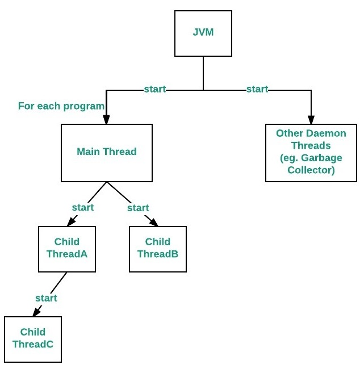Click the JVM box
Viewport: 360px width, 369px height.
[203, 34]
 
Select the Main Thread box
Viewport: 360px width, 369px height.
[106, 152]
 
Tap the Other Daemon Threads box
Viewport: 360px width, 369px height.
[311, 152]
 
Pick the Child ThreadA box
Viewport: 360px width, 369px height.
[66, 249]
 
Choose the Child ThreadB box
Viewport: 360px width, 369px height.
[157, 249]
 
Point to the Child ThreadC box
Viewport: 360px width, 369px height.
[32, 339]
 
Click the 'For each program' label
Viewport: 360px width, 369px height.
[61, 106]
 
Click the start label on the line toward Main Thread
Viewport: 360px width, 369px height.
[154, 89]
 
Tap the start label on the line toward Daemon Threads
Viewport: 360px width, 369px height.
[257, 89]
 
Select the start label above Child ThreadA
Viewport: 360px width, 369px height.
[82, 207]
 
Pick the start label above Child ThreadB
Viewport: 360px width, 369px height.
[138, 208]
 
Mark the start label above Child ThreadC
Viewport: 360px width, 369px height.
[46, 298]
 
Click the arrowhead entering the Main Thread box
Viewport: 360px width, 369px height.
[106, 120]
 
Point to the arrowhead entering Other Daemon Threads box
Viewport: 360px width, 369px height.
[311, 120]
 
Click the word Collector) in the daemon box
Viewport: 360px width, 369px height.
[311, 170]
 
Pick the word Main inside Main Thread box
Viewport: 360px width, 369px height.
[89, 152]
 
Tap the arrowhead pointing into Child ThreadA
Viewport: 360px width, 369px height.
[74, 222]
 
